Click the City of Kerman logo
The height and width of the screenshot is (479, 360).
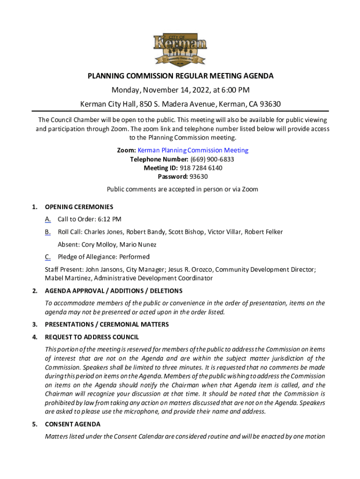point(180,50)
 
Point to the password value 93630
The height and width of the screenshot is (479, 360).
point(199,177)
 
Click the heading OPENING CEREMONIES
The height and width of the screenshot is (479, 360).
point(79,207)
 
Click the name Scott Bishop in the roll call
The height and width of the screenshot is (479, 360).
point(186,232)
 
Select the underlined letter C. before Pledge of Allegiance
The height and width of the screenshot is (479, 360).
point(48,257)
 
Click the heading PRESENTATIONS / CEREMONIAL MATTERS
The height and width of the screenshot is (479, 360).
point(107,325)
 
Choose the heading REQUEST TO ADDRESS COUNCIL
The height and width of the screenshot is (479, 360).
point(92,337)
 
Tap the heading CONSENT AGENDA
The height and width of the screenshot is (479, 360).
point(72,424)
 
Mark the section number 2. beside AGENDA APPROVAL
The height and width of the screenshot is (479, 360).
point(35,291)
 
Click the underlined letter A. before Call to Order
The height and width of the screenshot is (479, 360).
point(48,219)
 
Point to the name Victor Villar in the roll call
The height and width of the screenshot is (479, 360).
point(224,232)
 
